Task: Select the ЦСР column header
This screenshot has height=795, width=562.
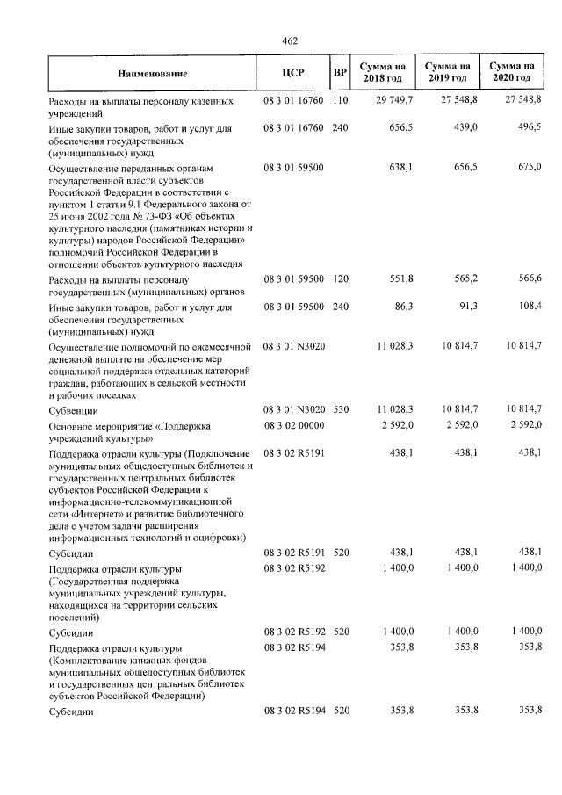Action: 293,72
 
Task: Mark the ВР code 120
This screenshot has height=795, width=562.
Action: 341,279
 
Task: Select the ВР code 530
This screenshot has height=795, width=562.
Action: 341,410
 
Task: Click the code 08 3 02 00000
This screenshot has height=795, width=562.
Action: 293,425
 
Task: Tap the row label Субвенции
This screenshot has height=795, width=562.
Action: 73,410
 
